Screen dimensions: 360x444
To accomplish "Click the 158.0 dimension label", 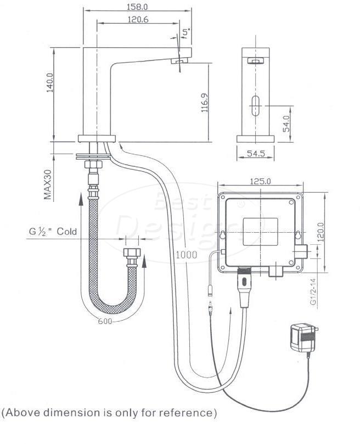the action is coord(137,7).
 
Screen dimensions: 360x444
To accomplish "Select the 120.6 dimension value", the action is coord(138,20).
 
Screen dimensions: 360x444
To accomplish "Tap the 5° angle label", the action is coord(186,32).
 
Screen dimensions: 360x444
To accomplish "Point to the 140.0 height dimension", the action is coord(50,82).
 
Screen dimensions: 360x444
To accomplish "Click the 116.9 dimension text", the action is coord(205,103).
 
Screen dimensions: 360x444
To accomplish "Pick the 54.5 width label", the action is coord(256,153).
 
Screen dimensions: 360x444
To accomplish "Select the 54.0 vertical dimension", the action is coord(286,123).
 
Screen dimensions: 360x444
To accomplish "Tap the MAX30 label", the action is coord(48,184).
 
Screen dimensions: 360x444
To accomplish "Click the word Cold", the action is coord(67,232).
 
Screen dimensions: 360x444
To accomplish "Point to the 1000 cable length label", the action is coord(187,255).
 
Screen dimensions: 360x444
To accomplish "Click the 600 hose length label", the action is coord(105,322).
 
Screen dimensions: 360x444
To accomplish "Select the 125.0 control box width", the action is coord(260,181).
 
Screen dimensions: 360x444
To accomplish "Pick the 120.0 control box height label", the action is coord(320,232).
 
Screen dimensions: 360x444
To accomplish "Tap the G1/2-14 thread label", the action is coord(313,291).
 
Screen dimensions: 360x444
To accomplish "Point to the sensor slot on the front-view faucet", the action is coord(256,106).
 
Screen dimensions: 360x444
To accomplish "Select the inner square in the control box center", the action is coord(261,232).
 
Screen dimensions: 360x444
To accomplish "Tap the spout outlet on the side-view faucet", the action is coord(180,60).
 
